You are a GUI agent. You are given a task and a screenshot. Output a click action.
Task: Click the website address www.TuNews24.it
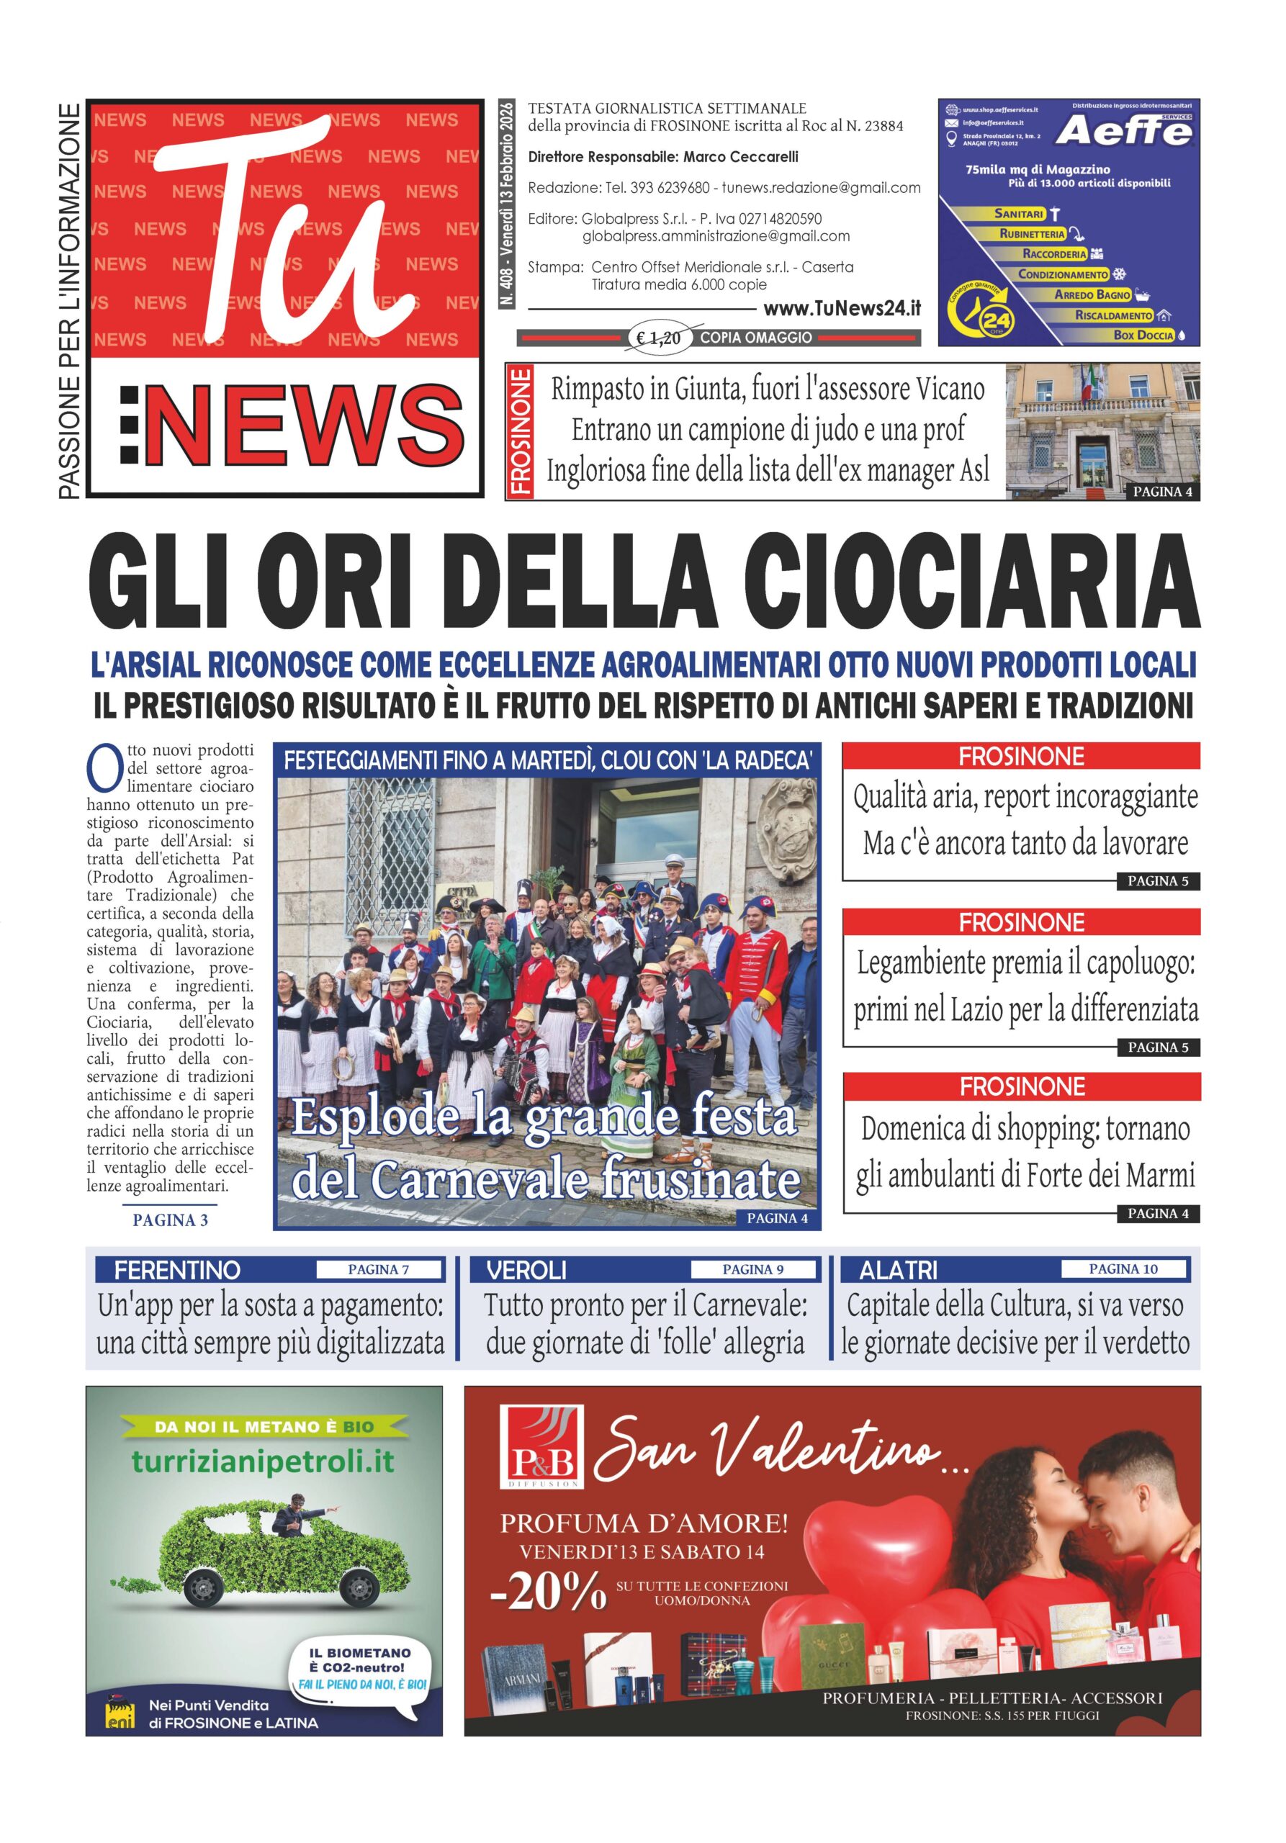(841, 309)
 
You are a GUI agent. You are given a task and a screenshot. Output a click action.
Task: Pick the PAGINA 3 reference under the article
(170, 1220)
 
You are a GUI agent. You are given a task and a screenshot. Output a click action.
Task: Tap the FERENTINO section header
(176, 1270)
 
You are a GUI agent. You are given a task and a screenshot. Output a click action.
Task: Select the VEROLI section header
(526, 1270)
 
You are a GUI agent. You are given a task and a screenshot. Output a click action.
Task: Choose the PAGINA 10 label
(1123, 1269)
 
